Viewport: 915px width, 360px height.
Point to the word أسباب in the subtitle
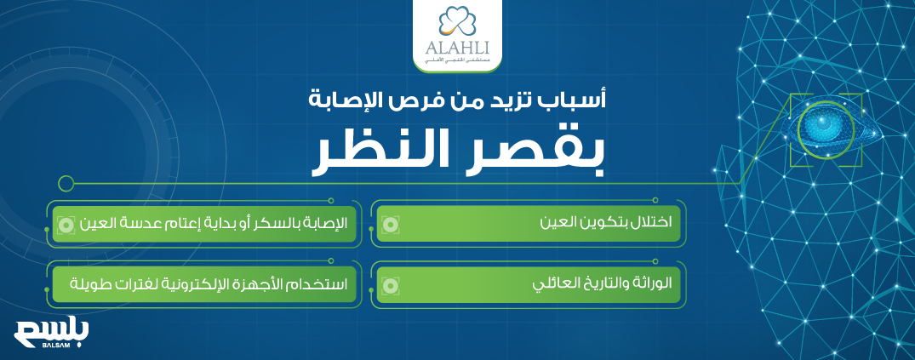(579, 103)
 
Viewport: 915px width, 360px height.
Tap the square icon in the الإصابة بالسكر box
(65, 225)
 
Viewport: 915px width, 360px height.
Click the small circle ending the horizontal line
(66, 182)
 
